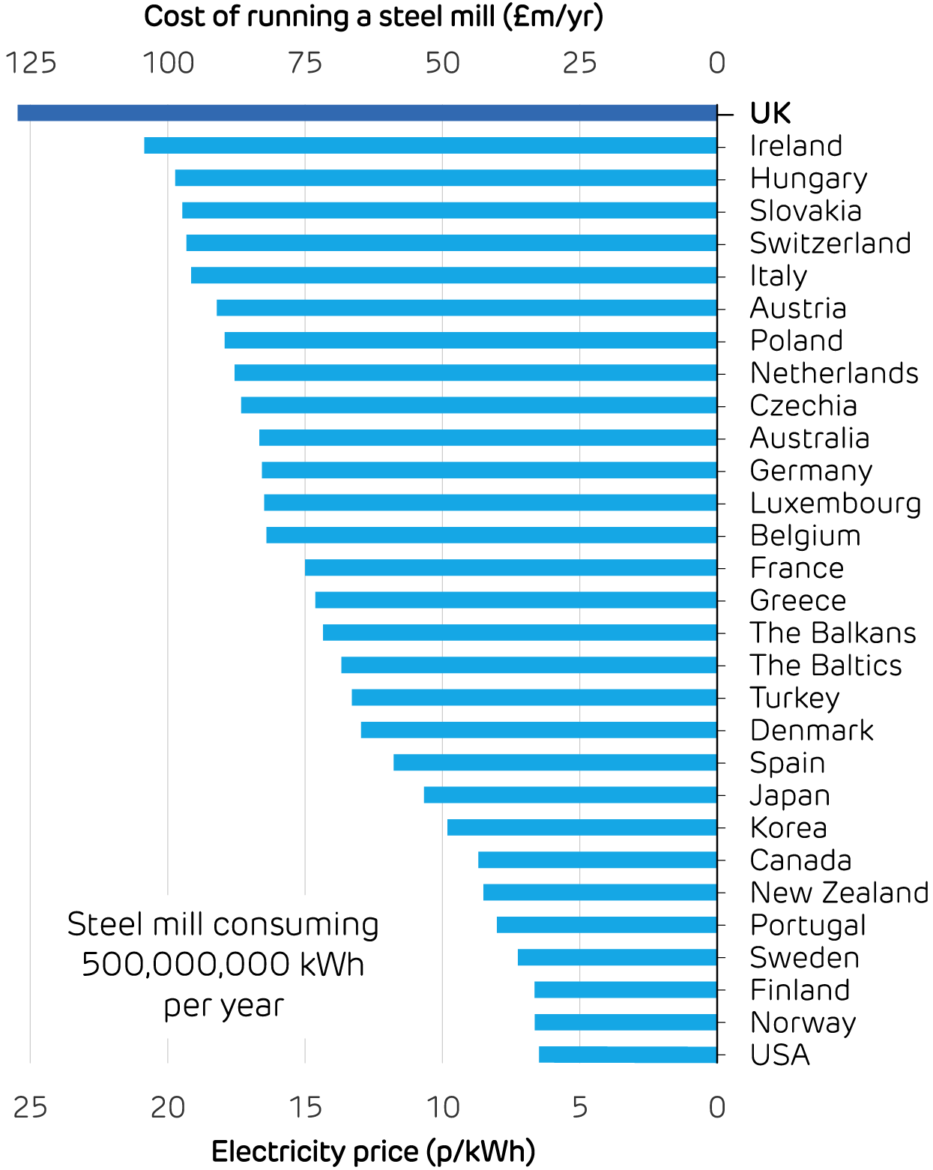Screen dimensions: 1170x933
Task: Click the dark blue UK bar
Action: click(367, 113)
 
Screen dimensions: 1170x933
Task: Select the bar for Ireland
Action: click(430, 145)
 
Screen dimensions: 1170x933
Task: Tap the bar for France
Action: click(510, 567)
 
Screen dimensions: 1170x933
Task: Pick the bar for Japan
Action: click(570, 794)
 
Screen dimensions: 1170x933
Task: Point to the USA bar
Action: click(627, 1055)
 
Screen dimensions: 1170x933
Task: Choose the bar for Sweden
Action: click(617, 957)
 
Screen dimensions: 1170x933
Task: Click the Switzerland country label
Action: click(830, 243)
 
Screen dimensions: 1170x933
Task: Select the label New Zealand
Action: click(839, 892)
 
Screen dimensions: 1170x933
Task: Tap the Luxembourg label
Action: click(836, 503)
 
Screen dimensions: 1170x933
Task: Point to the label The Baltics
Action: click(826, 665)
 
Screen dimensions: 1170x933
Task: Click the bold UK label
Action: click(770, 113)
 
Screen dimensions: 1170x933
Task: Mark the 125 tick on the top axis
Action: click(31, 64)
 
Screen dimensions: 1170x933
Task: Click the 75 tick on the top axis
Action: click(305, 64)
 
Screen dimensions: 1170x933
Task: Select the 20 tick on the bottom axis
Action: click(168, 1107)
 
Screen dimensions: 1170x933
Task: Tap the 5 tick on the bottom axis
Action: click(580, 1107)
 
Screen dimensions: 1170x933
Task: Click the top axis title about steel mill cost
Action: click(373, 16)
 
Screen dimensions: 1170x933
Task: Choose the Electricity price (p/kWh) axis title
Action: click(373, 1151)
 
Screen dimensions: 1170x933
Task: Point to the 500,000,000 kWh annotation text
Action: click(223, 964)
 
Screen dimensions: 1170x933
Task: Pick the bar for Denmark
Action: click(539, 730)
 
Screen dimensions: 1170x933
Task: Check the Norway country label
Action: click(803, 1022)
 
